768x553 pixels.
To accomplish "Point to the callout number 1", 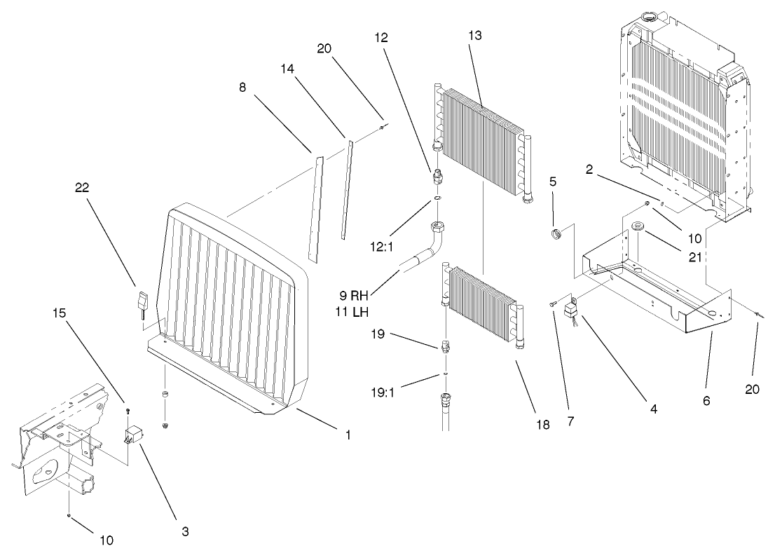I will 348,435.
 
